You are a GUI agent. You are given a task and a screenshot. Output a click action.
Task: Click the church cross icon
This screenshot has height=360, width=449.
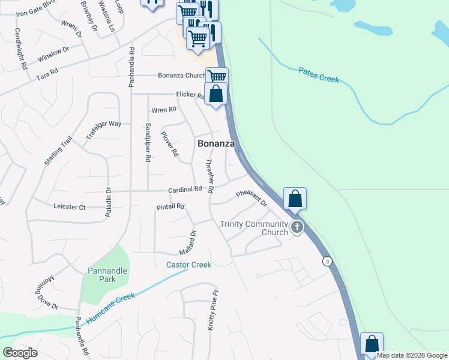click(x=297, y=227)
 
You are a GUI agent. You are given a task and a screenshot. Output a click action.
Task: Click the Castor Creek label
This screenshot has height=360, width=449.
click(x=188, y=265)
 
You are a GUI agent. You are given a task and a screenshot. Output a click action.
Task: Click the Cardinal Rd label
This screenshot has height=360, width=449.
click(x=185, y=190)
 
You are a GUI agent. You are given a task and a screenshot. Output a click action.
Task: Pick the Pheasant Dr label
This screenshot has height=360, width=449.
click(x=252, y=198)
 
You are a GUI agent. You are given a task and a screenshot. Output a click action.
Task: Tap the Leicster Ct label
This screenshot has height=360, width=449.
click(x=70, y=207)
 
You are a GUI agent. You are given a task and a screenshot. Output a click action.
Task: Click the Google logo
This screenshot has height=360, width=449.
click(x=20, y=353)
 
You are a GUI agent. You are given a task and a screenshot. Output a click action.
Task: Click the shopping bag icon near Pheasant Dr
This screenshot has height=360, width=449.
click(x=295, y=198)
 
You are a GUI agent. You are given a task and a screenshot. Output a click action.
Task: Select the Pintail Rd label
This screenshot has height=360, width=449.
click(x=170, y=207)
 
